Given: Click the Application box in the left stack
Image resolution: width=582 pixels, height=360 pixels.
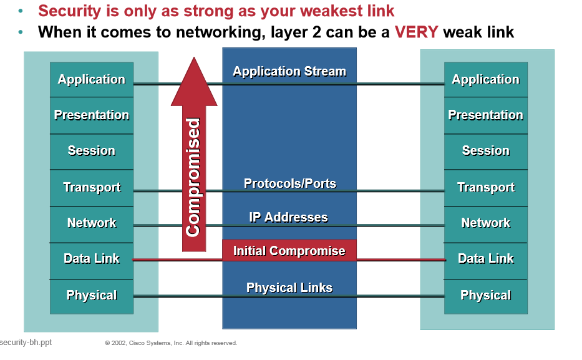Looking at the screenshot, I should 92,79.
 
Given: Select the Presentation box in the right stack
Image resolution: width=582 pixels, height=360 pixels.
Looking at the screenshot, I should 485,115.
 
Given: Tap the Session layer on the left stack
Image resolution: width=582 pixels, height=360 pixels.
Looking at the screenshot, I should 92,151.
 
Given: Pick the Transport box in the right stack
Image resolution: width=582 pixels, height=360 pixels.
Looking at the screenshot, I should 485,187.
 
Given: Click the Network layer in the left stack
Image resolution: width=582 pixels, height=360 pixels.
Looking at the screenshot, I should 92,223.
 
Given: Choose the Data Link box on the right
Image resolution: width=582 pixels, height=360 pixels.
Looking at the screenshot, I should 485,259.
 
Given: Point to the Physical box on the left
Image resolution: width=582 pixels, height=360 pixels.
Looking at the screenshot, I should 92,295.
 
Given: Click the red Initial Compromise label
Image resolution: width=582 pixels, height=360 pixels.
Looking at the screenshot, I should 289,251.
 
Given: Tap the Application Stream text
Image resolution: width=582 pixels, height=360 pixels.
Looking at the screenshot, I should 289,71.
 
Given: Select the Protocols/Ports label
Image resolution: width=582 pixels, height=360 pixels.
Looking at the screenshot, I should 289,183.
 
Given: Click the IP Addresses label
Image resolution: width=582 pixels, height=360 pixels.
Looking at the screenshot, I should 288,217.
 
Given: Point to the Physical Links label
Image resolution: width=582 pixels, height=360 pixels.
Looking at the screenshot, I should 289,288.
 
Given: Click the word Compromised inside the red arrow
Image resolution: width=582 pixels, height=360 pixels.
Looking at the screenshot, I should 193,177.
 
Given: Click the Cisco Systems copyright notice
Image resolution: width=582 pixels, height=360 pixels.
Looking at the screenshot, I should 171,343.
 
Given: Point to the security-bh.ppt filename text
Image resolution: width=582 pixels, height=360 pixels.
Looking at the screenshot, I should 26,343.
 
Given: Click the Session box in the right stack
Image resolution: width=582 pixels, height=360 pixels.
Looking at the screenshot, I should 485,151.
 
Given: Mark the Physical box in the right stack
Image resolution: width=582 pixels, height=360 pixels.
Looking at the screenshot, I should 485,295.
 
